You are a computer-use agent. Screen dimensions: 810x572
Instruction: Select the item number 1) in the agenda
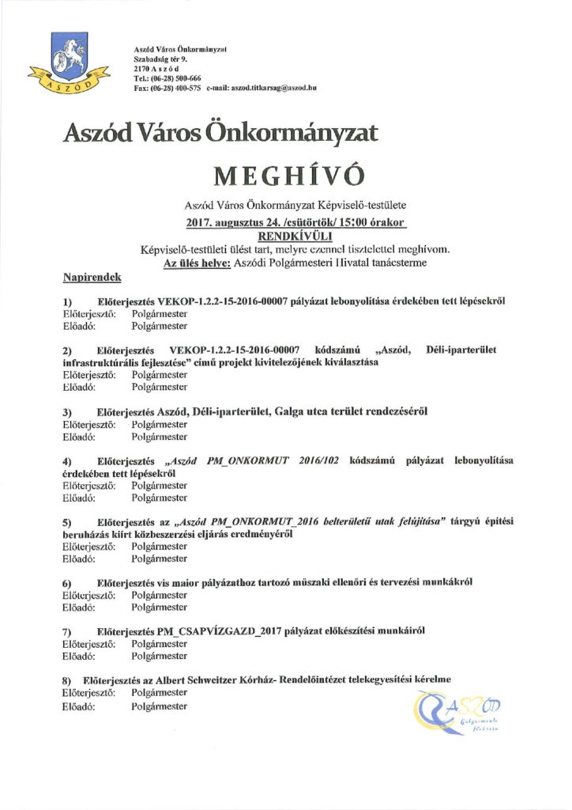[67, 302]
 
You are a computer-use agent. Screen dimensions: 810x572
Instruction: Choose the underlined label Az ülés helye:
[196, 263]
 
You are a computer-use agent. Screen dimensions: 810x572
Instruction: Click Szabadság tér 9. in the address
[160, 59]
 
